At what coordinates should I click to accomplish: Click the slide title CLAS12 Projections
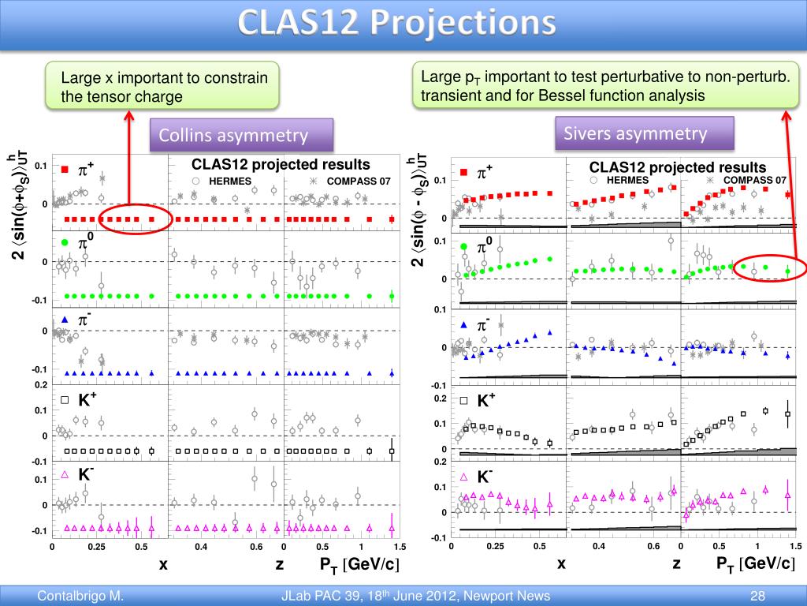[x=397, y=24]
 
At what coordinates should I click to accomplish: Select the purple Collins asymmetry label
[x=233, y=136]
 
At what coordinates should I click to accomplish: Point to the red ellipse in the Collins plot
[x=136, y=215]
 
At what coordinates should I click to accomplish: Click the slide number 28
[x=758, y=596]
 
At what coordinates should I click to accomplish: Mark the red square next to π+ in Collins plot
[x=66, y=169]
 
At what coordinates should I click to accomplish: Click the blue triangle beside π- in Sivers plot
[x=464, y=325]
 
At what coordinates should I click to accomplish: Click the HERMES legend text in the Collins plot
[x=230, y=181]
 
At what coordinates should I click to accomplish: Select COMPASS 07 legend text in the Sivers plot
[x=754, y=180]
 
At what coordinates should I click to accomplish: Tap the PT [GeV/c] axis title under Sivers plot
[x=754, y=563]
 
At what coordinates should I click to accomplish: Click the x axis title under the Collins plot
[x=163, y=564]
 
